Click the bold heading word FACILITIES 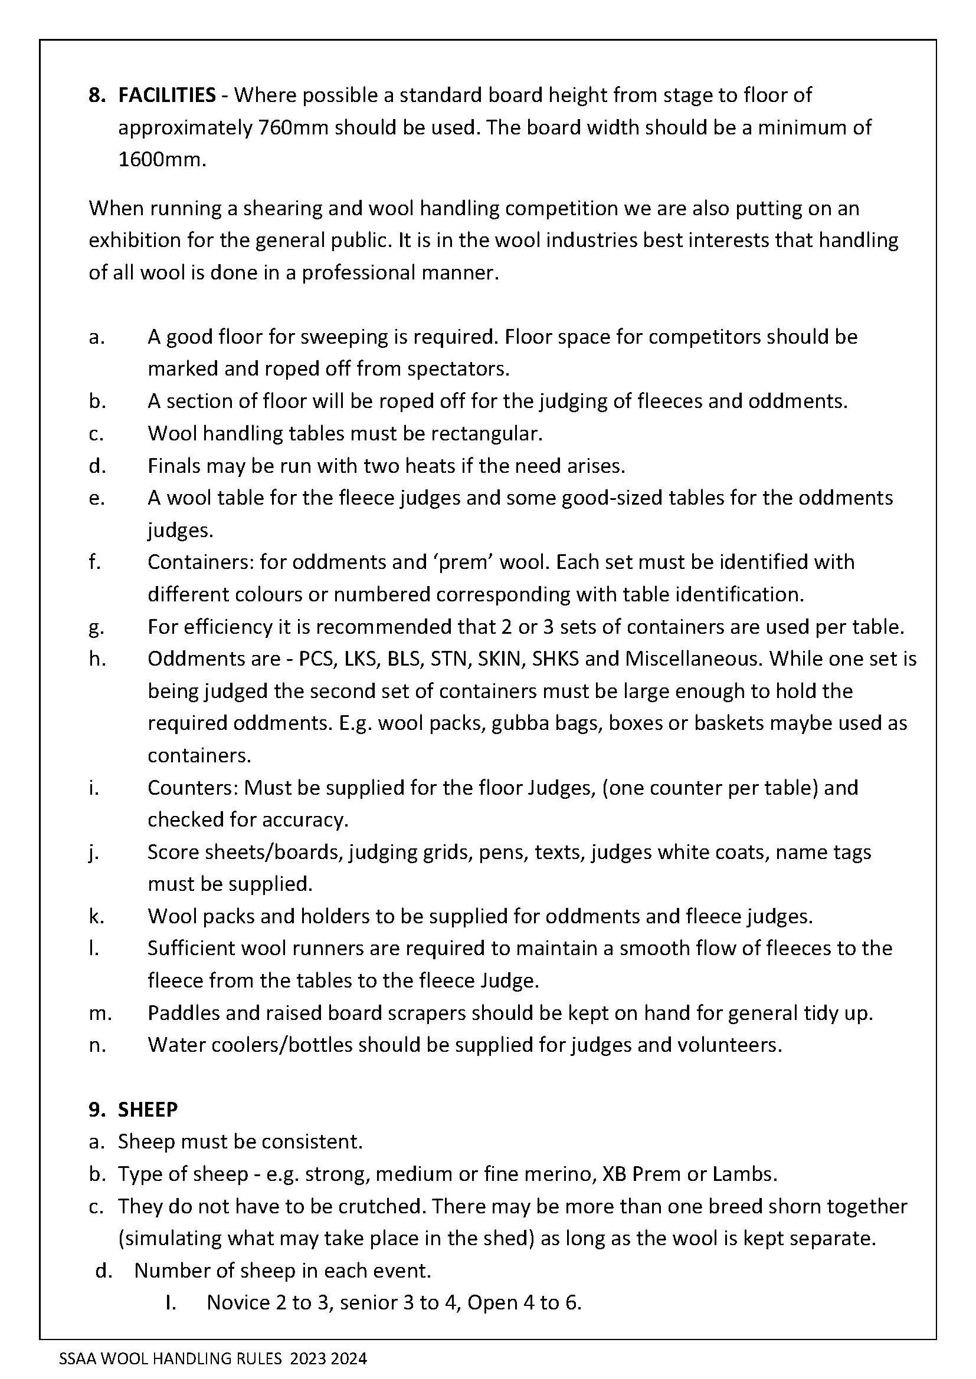click(166, 95)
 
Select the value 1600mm click(161, 160)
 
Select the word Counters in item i click(192, 788)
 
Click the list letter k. click(96, 917)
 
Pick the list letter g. click(96, 628)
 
